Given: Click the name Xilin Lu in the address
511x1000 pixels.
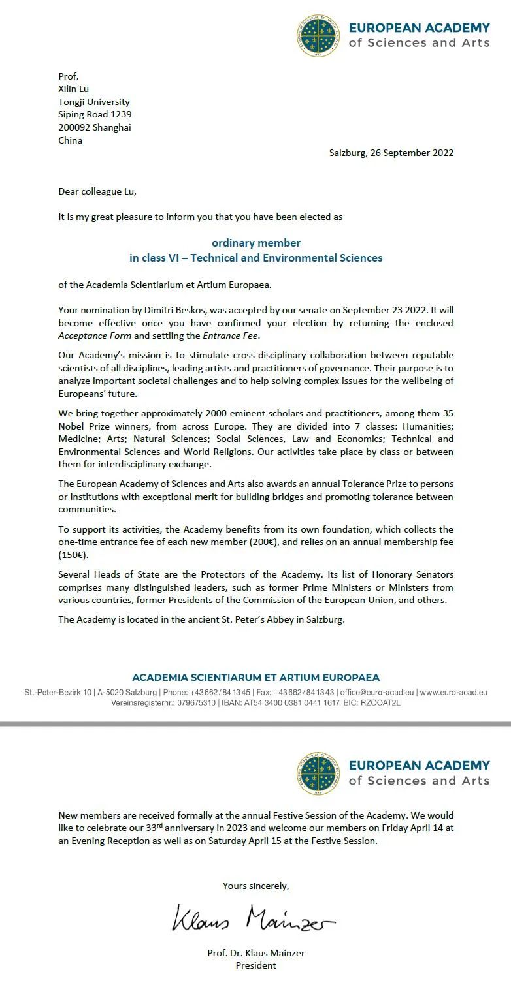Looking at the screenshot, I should [x=73, y=89].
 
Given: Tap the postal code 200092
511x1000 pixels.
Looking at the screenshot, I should [x=74, y=127].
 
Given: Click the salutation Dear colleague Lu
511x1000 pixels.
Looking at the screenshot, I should [x=98, y=191].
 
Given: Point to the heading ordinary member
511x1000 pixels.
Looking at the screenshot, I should [x=255, y=243].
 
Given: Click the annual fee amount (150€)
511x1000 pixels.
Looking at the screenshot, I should [x=73, y=554].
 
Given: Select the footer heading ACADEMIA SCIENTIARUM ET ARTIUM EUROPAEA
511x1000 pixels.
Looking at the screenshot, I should [x=255, y=678].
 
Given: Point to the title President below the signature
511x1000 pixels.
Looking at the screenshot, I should [x=255, y=965].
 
